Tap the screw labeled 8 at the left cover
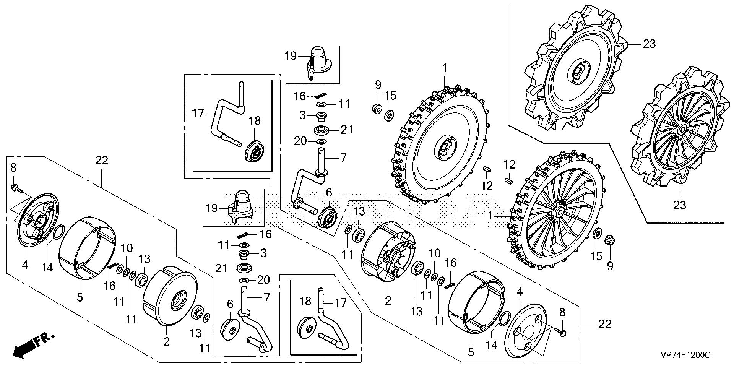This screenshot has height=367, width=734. [x=15, y=188]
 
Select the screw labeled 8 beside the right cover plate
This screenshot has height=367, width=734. [x=561, y=333]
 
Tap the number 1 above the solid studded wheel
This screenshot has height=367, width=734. [x=444, y=68]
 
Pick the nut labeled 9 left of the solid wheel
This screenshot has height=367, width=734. [x=376, y=109]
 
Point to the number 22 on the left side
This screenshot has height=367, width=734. [x=102, y=161]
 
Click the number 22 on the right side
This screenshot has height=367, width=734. [x=604, y=324]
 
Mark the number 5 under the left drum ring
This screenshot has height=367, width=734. [x=80, y=297]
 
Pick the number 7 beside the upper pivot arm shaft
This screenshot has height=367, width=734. [x=343, y=157]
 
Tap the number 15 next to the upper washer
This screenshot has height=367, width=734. [x=390, y=95]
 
